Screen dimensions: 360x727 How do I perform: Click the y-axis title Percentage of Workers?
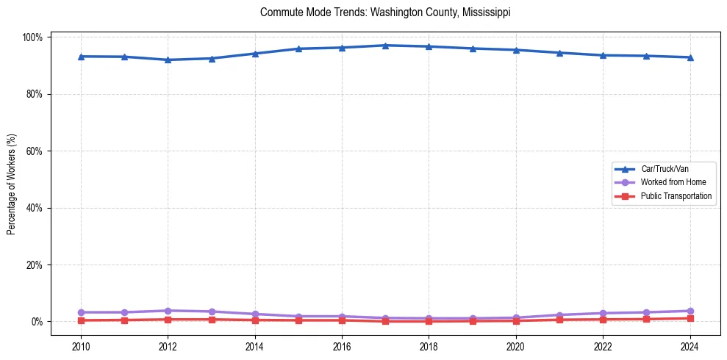point(11,179)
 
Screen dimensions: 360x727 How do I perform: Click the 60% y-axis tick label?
point(37,151)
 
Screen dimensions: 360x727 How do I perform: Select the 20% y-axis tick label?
point(37,264)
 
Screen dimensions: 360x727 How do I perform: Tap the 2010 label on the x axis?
point(81,345)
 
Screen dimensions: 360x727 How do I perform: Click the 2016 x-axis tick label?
point(342,345)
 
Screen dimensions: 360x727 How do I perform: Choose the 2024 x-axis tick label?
point(690,345)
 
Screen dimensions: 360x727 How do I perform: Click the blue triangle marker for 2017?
point(385,46)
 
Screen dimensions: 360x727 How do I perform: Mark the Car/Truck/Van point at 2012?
point(168,60)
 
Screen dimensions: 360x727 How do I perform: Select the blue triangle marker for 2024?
point(690,57)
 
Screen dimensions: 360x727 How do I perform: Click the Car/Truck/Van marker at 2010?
point(81,57)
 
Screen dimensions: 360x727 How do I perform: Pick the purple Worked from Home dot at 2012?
point(168,311)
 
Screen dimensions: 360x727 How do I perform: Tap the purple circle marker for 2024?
point(690,311)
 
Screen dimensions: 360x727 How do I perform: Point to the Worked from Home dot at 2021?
point(559,315)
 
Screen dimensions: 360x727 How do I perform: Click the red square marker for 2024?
point(690,318)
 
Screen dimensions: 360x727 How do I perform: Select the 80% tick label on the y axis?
point(37,94)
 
